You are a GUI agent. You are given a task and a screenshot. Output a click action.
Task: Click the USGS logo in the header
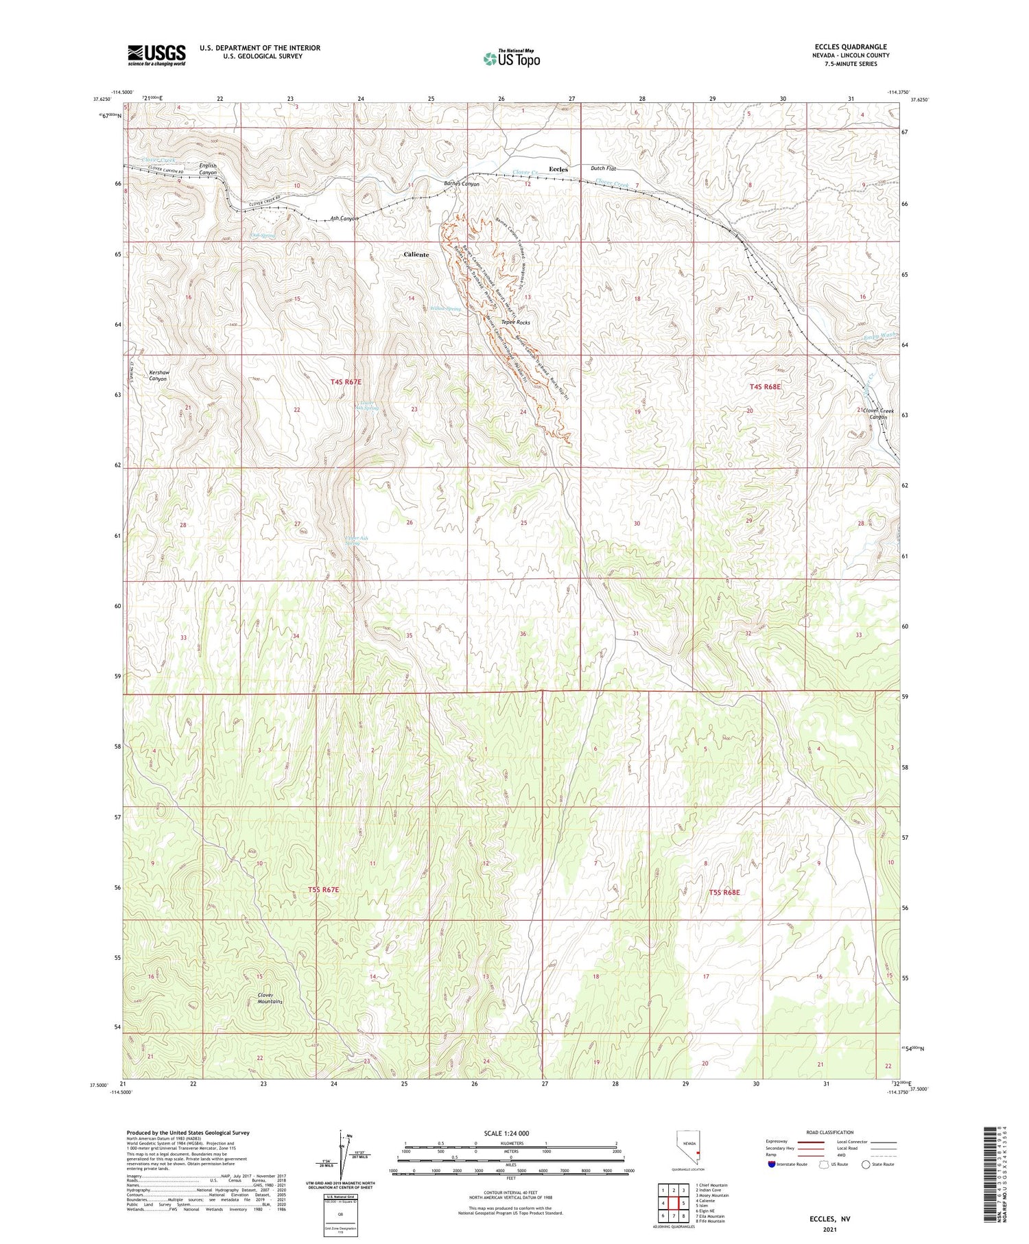[156, 55]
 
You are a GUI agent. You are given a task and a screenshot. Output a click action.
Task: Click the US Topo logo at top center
[511, 58]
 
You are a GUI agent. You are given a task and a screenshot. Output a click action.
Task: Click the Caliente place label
[416, 255]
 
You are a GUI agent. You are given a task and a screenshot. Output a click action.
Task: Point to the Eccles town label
[558, 169]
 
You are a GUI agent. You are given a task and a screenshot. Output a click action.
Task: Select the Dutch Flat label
[603, 168]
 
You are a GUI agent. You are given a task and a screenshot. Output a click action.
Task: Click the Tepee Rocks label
[515, 322]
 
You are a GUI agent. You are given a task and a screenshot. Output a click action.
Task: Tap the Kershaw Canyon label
[158, 375]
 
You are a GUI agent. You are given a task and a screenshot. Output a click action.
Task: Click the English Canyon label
[208, 169]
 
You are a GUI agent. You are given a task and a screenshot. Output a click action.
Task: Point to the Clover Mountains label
[270, 998]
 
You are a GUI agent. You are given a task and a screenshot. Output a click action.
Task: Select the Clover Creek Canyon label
[878, 414]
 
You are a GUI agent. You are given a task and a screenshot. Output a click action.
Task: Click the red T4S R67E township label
[345, 382]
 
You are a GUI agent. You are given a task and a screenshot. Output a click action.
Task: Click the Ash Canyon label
[344, 219]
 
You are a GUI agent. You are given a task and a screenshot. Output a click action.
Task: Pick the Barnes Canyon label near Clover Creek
[462, 184]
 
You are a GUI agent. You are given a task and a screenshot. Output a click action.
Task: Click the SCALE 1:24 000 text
[511, 1134]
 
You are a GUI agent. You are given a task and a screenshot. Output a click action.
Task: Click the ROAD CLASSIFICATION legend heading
[830, 1132]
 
